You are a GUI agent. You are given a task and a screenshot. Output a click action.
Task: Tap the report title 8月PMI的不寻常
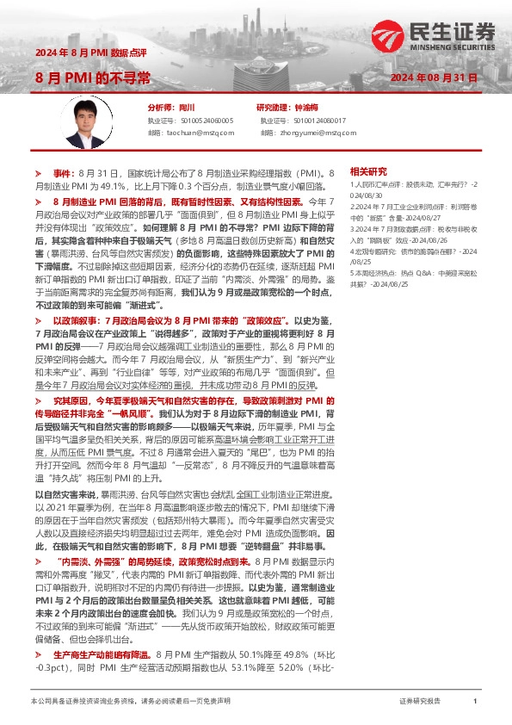tap(93, 78)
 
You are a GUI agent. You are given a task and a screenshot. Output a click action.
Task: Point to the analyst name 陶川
tap(187, 108)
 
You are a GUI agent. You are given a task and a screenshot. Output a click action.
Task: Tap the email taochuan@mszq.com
tap(199, 133)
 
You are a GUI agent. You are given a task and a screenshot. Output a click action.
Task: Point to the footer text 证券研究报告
tap(421, 702)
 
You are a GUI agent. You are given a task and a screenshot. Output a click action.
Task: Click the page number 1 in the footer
tap(475, 702)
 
